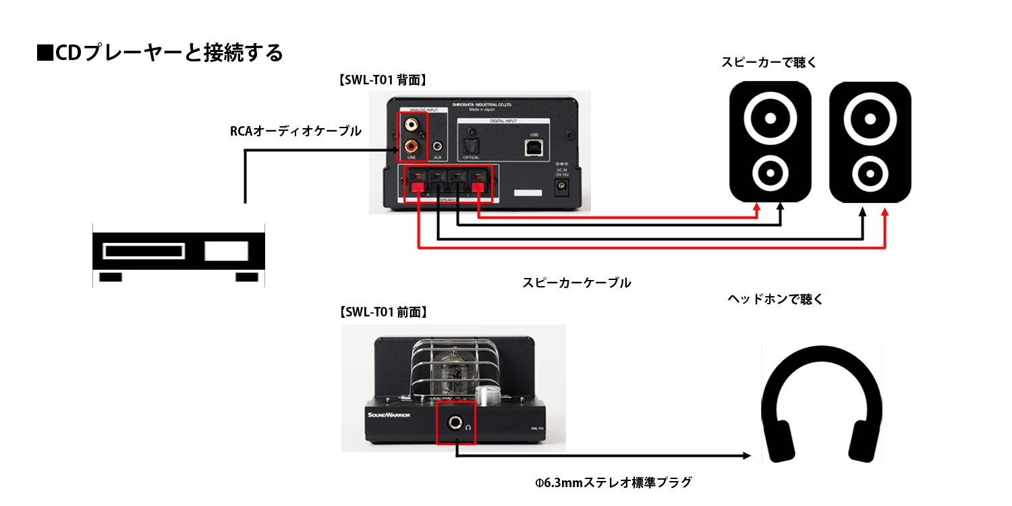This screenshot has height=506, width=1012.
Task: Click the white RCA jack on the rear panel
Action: click(x=411, y=125)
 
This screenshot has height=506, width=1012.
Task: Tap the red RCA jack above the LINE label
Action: click(x=411, y=145)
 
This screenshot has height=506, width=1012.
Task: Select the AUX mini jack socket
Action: click(x=439, y=146)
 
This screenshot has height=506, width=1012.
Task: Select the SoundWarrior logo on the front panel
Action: click(x=389, y=415)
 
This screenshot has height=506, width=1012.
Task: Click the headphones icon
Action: click(x=821, y=405)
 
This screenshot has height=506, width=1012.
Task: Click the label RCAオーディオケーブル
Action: click(x=296, y=132)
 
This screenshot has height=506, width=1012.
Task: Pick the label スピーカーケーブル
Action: click(x=577, y=283)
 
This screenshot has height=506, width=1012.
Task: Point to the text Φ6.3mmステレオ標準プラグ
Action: click(x=613, y=482)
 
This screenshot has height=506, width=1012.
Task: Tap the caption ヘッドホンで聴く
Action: click(x=775, y=299)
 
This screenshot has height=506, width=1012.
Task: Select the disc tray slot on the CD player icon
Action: click(x=143, y=252)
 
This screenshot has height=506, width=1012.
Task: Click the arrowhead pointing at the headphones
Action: click(x=746, y=456)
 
